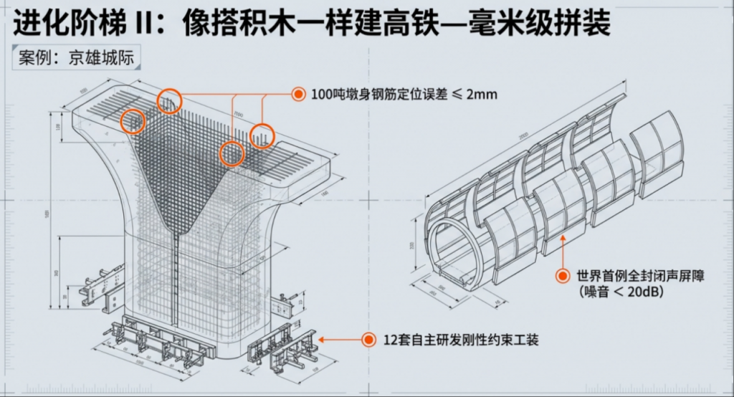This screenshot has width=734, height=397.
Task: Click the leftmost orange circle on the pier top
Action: tap(133, 122)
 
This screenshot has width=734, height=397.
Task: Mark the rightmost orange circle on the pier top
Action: tap(263, 135)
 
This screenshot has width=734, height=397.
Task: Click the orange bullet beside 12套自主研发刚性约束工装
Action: tap(368, 340)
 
